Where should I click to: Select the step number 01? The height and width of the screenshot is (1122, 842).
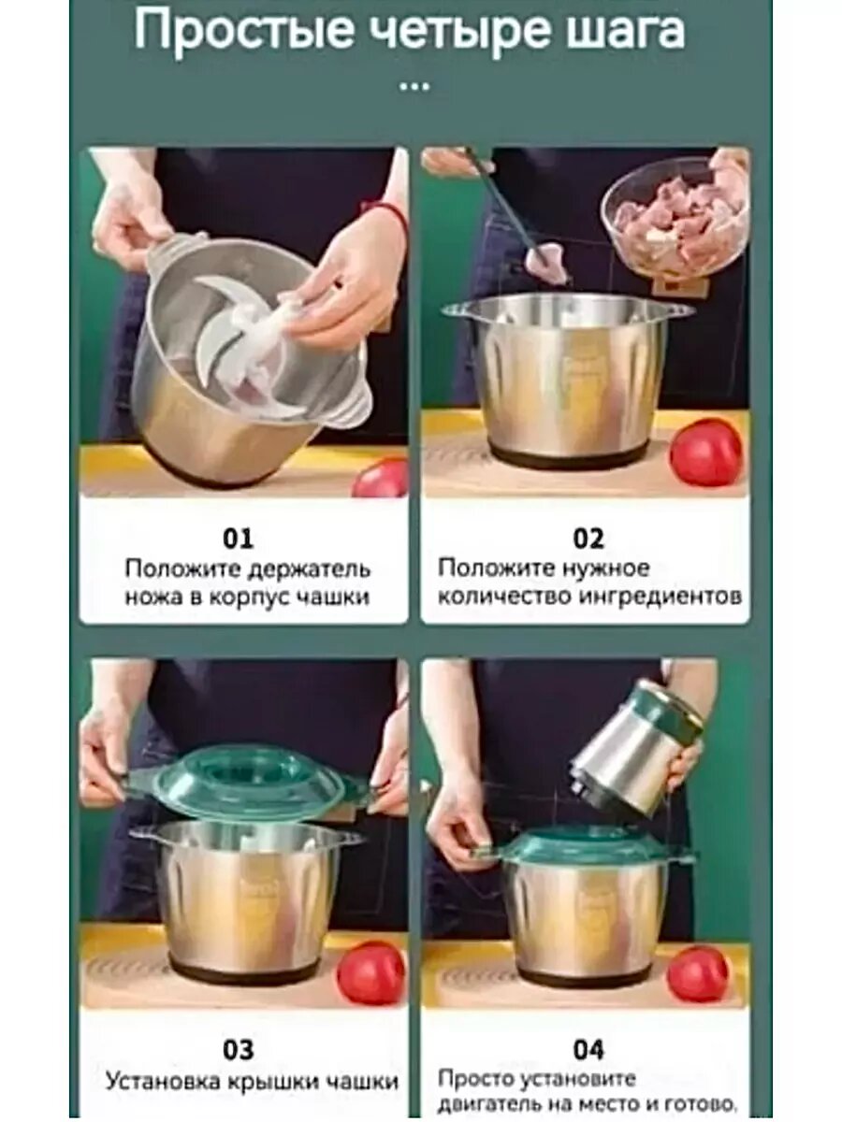[238, 539]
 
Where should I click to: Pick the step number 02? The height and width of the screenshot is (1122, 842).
[588, 539]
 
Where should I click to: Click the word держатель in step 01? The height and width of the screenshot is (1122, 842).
[309, 568]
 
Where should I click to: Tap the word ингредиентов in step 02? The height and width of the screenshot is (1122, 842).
[660, 596]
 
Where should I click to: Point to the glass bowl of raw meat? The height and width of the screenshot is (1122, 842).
[675, 217]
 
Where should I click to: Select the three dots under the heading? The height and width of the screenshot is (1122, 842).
[414, 87]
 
